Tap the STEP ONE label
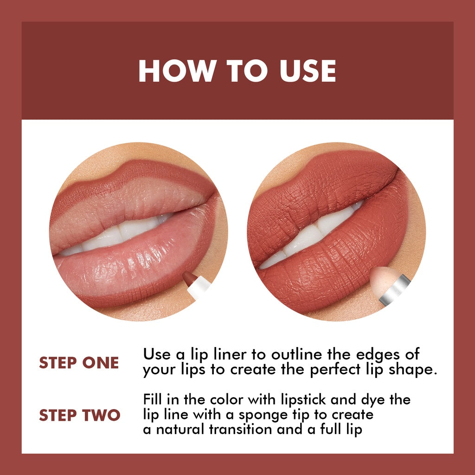[x=79, y=363]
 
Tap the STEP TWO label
[x=79, y=415]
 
